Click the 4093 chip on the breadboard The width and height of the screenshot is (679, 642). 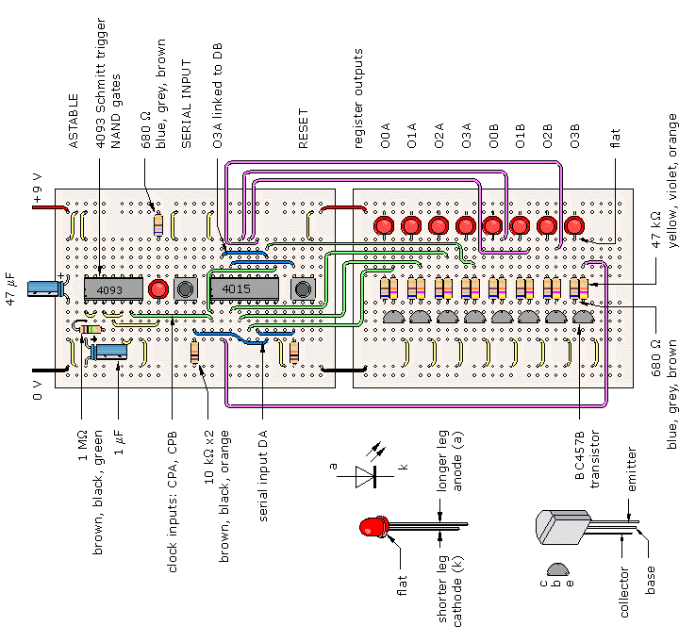pos(113,288)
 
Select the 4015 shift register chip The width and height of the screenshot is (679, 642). pos(244,288)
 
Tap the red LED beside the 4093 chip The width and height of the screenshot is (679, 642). pos(158,288)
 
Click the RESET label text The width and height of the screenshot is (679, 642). pos(303,128)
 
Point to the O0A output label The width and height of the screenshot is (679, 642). pos(385,136)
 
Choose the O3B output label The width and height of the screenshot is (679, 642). pos(574,136)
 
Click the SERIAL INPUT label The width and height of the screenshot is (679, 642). pos(186,104)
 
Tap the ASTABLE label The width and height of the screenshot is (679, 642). pos(74,122)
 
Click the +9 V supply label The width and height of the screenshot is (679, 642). pos(37,188)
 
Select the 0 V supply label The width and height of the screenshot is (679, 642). pos(37,390)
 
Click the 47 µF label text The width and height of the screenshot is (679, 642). pos(10,288)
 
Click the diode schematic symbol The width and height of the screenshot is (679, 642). pos(366,476)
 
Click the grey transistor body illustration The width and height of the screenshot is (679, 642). pos(562,527)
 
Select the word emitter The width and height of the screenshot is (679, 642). pos(632,469)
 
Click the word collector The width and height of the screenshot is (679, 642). pos(624,592)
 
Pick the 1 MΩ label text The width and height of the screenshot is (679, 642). pos(82,445)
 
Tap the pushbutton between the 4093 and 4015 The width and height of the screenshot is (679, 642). pos(186,288)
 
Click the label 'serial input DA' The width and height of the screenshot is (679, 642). pos(262,475)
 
